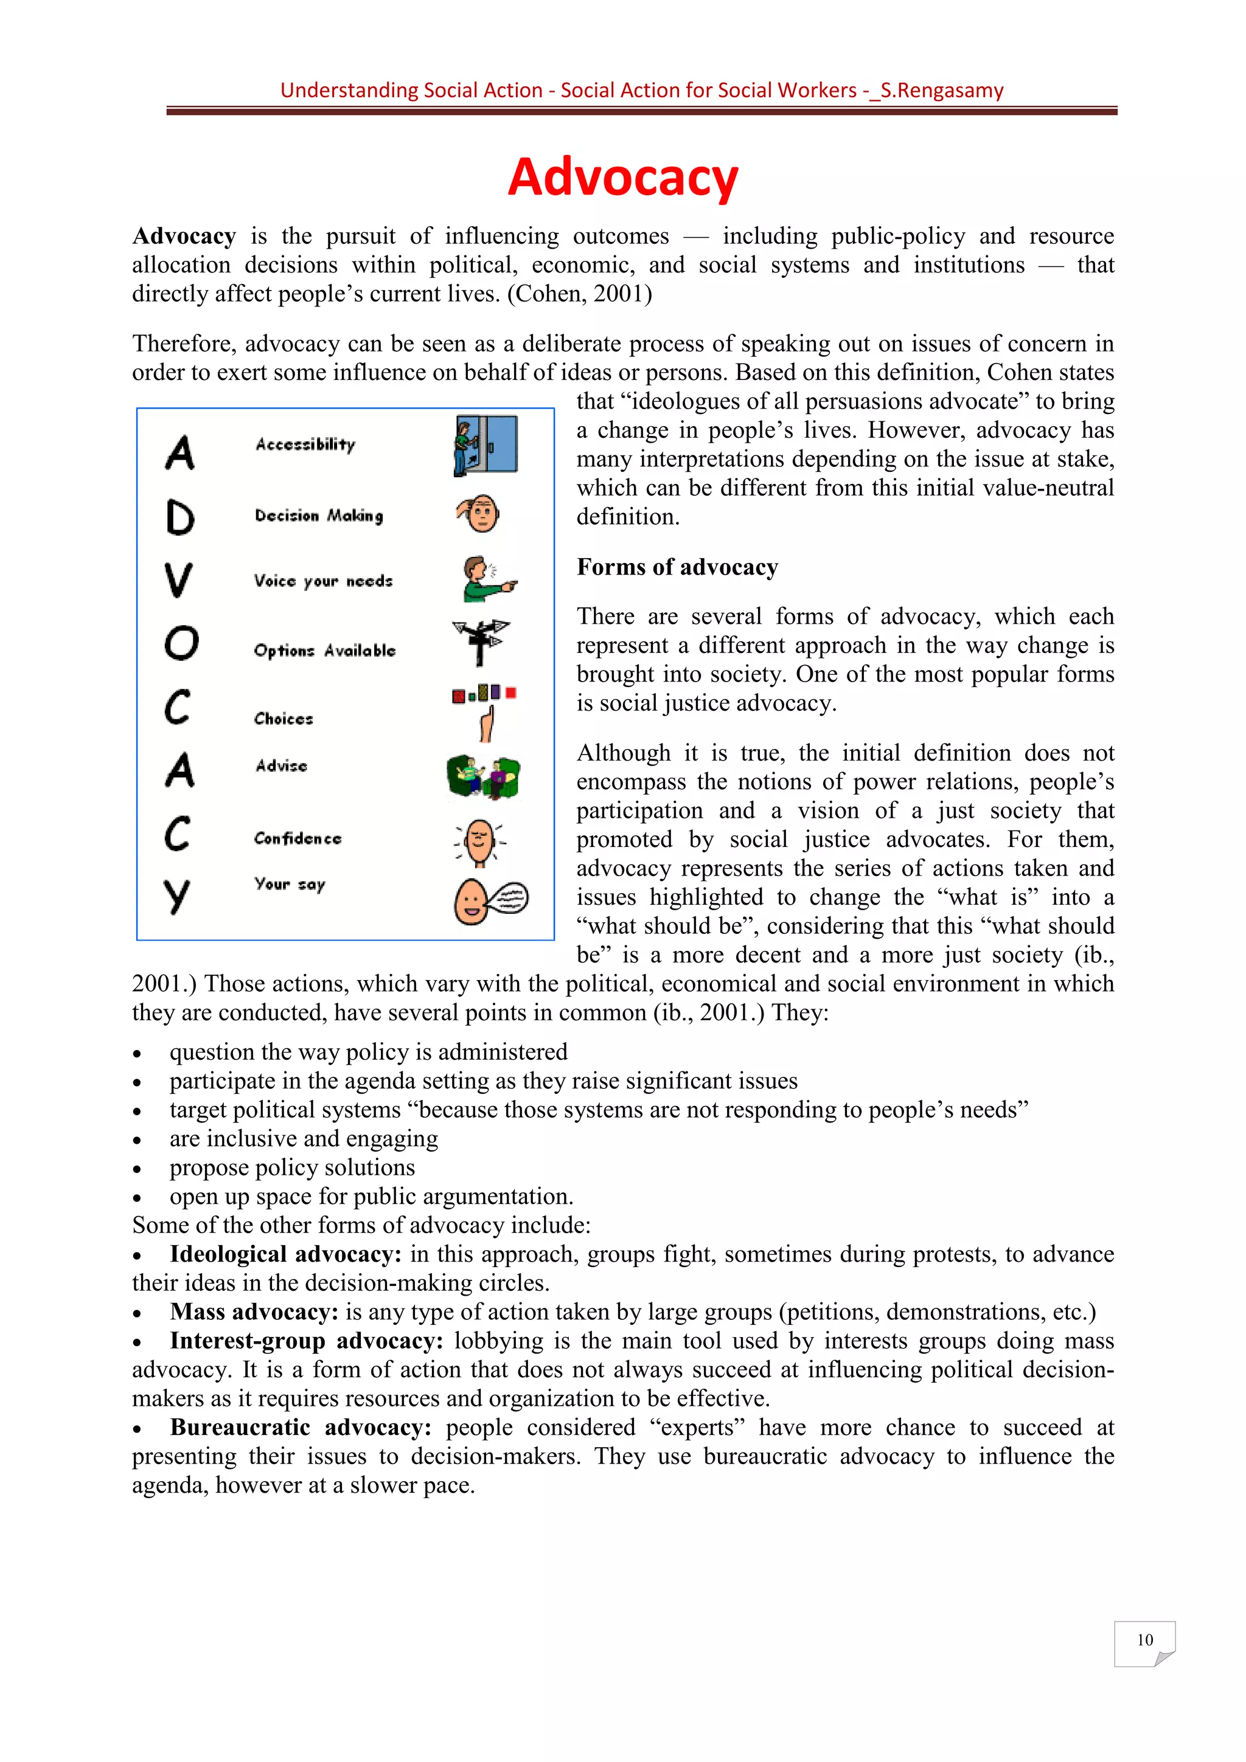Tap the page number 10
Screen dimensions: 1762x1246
[x=1144, y=1640]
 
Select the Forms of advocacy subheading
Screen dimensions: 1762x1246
[x=677, y=567]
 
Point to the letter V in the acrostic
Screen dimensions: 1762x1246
[x=178, y=580]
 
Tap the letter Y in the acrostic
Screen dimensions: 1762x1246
[x=176, y=896]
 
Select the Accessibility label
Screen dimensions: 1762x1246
[x=305, y=444]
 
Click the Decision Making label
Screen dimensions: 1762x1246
[x=319, y=516]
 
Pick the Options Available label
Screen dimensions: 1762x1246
[x=325, y=651]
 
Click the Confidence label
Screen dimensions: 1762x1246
[x=298, y=838]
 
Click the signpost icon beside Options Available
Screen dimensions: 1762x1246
[x=481, y=641]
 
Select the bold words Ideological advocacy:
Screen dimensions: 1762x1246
[x=285, y=1254]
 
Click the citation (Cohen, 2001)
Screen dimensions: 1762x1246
[x=580, y=294]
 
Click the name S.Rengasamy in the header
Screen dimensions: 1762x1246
[x=942, y=91]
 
